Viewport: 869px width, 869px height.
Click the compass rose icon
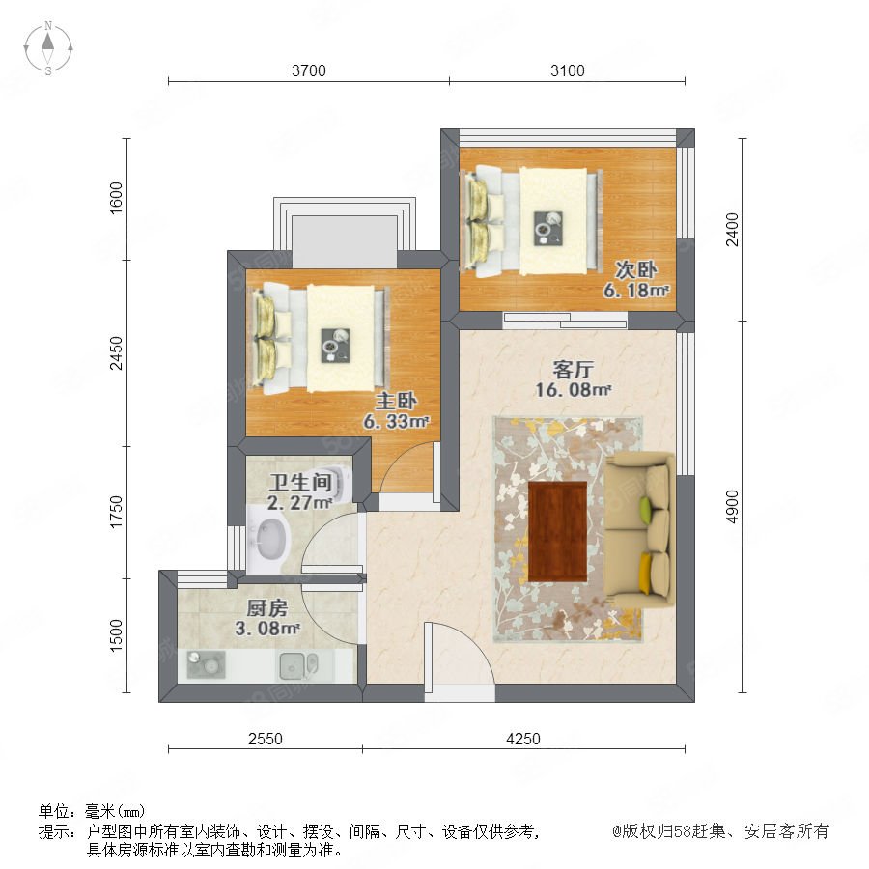point(48,47)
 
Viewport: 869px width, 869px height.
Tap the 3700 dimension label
point(309,70)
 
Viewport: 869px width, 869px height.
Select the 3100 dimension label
point(568,70)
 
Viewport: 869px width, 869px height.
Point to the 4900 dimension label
point(732,506)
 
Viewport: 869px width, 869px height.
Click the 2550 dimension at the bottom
point(265,739)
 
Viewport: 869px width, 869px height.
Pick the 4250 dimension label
point(523,739)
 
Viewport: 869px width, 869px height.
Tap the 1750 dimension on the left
point(116,512)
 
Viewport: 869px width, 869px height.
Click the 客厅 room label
point(573,369)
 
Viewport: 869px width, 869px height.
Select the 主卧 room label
point(396,401)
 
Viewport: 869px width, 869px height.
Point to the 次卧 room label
point(636,270)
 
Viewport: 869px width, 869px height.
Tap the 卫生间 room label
point(300,482)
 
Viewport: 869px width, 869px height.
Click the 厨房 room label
point(267,608)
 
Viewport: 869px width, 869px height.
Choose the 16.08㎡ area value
point(573,390)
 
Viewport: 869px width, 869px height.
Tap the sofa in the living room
point(639,530)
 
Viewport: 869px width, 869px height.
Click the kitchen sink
point(298,665)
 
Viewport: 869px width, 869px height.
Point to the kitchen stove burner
point(207,664)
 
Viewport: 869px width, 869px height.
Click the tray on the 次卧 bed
point(548,228)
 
